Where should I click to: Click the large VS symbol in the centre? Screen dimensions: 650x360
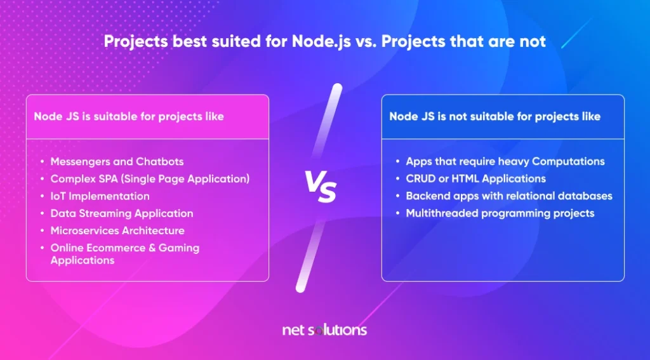(320, 186)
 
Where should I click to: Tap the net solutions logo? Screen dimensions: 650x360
(324, 330)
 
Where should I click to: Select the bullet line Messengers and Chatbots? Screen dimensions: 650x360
(117, 161)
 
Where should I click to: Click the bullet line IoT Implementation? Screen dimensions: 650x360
(100, 196)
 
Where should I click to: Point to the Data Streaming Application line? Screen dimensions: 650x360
(122, 213)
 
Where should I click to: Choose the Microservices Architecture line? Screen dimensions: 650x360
(117, 230)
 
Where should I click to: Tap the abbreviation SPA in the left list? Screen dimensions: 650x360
(107, 179)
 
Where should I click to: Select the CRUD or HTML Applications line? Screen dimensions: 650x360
(476, 179)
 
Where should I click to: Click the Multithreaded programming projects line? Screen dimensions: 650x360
(500, 213)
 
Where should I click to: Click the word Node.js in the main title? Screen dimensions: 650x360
(322, 41)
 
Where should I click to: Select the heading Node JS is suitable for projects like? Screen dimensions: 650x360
(129, 117)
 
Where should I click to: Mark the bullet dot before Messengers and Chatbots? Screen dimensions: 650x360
(43, 162)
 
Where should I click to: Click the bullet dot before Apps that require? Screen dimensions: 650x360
(397, 162)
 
